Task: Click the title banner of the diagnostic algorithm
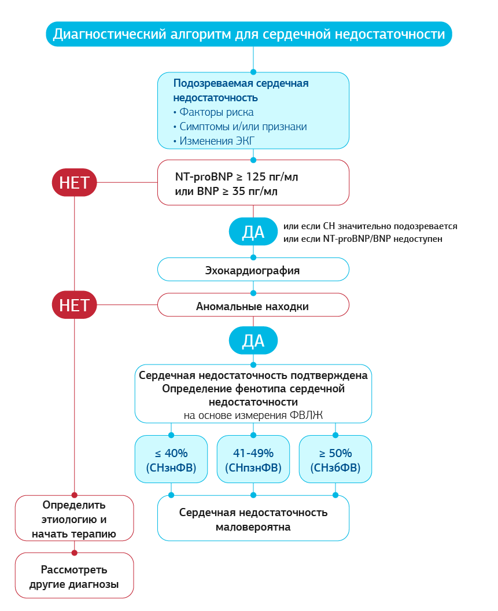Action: [249, 34]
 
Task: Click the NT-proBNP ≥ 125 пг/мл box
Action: [253, 183]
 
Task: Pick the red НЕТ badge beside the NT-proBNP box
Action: [74, 183]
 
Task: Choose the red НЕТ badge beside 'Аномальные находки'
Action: [74, 305]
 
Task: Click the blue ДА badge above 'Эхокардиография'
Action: [253, 232]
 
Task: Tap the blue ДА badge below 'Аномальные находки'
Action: [253, 341]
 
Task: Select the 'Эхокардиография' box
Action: [253, 270]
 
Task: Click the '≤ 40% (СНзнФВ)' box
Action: [171, 460]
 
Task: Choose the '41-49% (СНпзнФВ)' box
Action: [253, 460]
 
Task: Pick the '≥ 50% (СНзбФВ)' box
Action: [335, 460]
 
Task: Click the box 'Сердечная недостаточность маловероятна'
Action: [253, 519]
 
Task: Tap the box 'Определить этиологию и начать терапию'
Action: [74, 518]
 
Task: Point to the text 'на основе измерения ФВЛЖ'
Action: [253, 415]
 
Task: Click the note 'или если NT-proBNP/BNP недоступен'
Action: [363, 239]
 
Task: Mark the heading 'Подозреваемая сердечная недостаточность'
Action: [241, 90]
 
